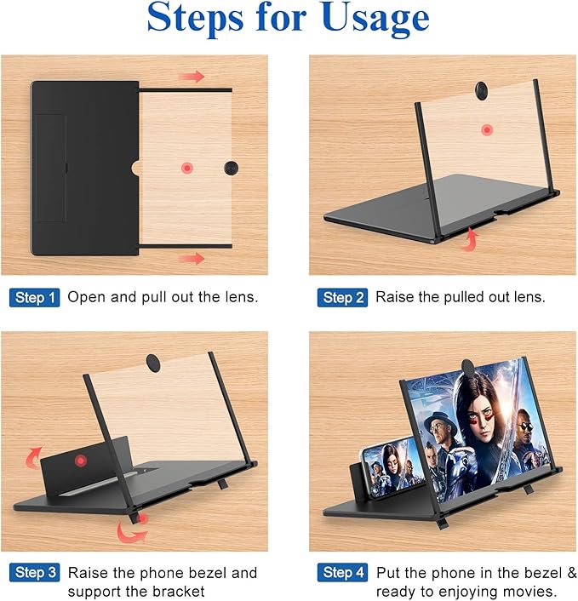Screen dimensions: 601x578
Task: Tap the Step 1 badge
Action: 36,298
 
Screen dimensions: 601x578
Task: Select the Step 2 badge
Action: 343,298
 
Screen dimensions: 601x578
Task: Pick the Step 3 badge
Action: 36,573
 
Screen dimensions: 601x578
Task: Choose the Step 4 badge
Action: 343,573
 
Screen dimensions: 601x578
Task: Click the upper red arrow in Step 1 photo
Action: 194,77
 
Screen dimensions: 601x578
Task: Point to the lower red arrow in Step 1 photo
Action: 194,257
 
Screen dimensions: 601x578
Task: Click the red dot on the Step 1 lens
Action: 186,167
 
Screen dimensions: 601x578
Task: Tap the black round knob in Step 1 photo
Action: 232,167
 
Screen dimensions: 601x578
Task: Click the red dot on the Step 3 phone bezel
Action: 82,461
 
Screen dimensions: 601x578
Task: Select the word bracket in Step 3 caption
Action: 176,592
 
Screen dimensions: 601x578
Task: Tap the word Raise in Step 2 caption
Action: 393,298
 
